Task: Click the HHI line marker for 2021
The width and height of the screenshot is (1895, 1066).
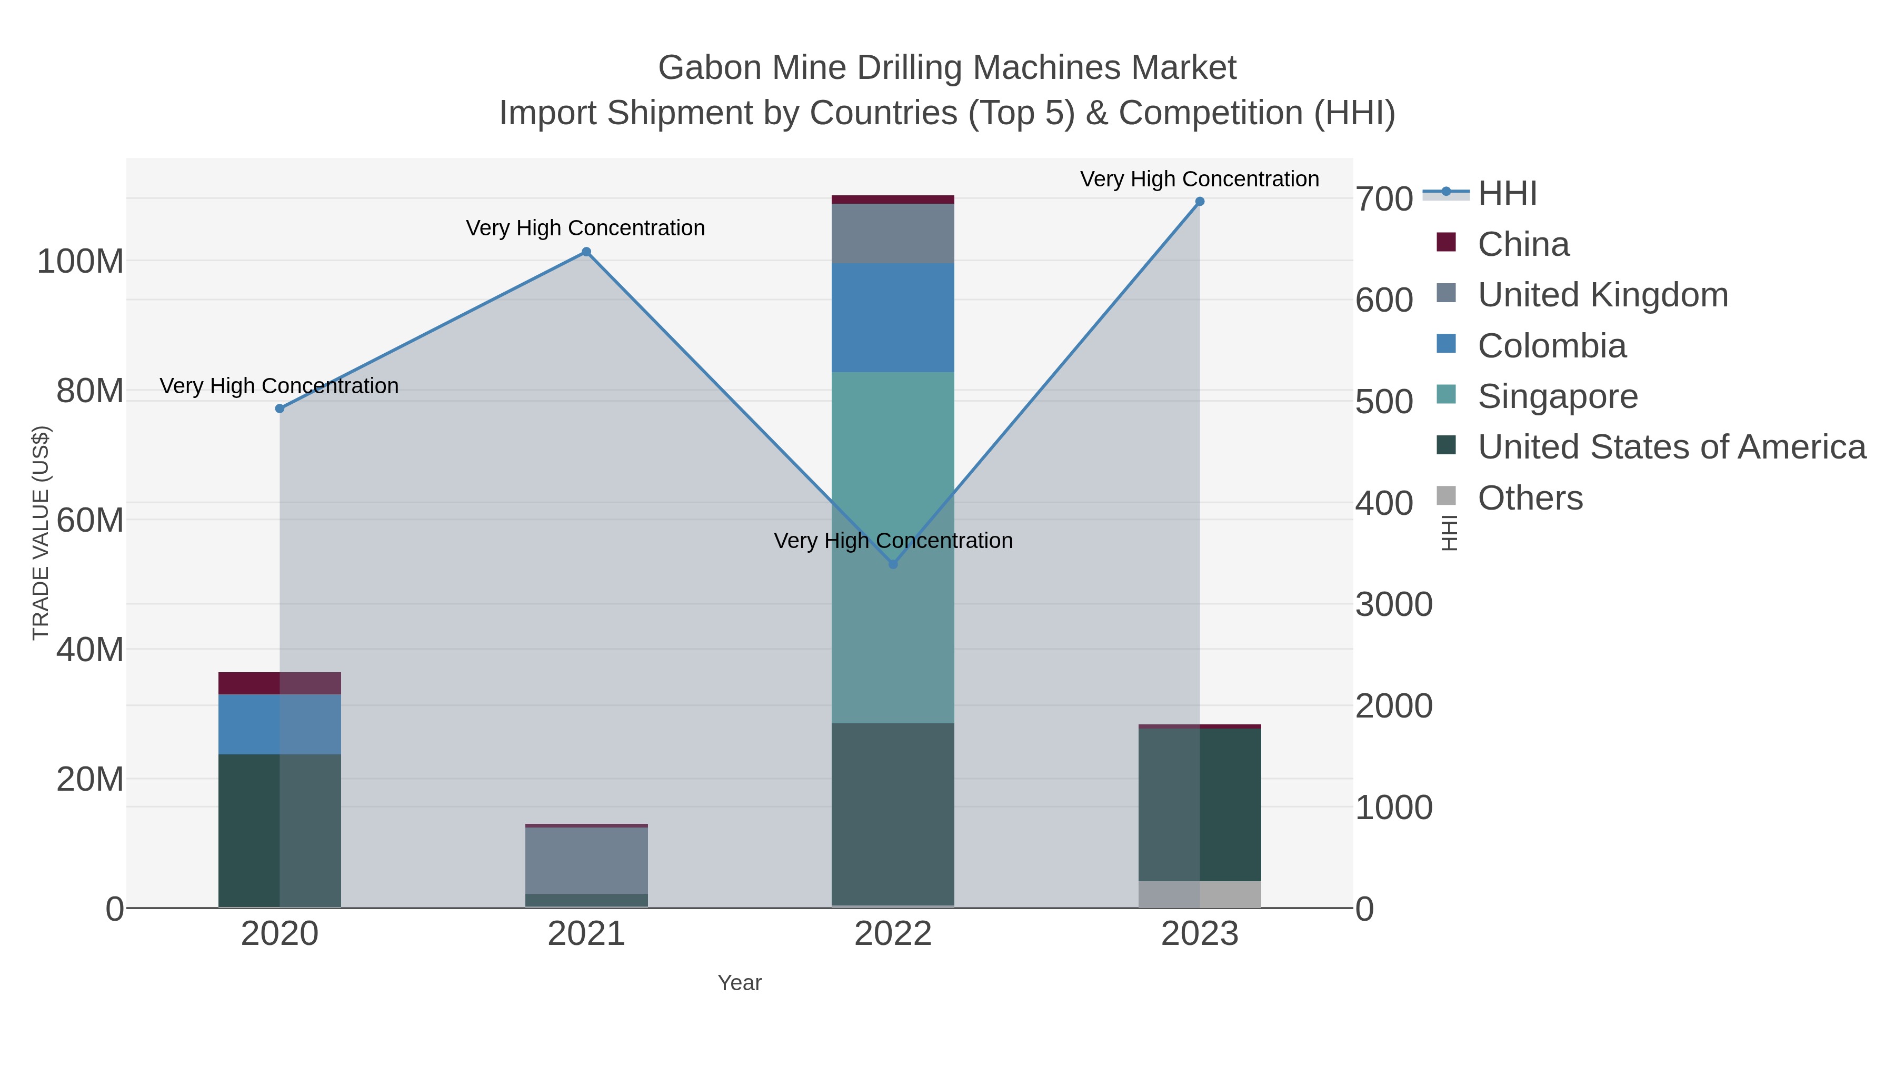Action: tap(586, 252)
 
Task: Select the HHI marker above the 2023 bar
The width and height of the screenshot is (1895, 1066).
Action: tap(1200, 202)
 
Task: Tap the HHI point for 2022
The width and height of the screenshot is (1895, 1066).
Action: tap(893, 564)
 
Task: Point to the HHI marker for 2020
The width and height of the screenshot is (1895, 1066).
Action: tap(280, 409)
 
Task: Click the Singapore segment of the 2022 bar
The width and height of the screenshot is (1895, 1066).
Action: tap(893, 478)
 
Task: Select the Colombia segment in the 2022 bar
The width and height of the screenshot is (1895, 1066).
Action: tap(893, 318)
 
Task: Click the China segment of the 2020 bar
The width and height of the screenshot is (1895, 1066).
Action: tap(280, 683)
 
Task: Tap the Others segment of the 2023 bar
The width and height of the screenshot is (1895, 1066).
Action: tap(1200, 894)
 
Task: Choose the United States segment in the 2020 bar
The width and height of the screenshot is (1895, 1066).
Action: tap(280, 831)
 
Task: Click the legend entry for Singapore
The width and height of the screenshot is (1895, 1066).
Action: tap(1558, 396)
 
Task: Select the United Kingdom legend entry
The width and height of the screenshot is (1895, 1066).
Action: tap(1602, 295)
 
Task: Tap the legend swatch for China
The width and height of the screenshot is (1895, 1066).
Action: tap(1447, 243)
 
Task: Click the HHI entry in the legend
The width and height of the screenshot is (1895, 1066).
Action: tap(1507, 194)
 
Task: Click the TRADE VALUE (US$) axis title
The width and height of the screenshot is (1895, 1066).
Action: tap(41, 533)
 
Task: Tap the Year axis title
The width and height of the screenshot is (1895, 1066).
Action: tap(740, 983)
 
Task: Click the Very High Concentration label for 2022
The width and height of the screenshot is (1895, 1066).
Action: tap(893, 541)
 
